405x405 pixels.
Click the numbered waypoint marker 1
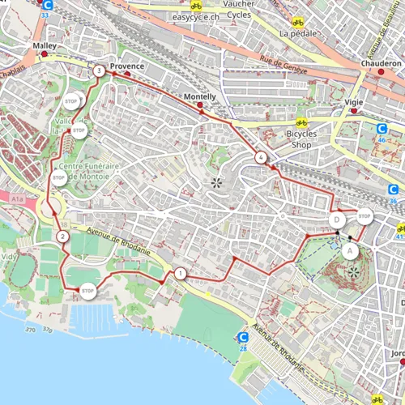tap(179, 274)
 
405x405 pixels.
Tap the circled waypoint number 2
tap(62, 237)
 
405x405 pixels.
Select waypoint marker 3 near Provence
tap(98, 71)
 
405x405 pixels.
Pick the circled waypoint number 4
tap(260, 157)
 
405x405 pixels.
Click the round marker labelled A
tap(350, 250)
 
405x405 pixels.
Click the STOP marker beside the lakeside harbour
tap(87, 291)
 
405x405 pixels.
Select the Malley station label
tap(44, 48)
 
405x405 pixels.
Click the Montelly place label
tap(199, 96)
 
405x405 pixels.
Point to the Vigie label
tap(354, 104)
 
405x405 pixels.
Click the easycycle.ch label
tap(179, 15)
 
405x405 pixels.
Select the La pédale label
tap(297, 34)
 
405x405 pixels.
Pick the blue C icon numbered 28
tap(242, 338)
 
